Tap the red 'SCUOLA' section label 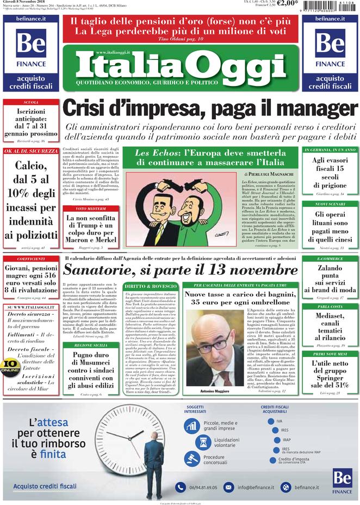(30, 102)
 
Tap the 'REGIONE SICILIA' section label (90, 346)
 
